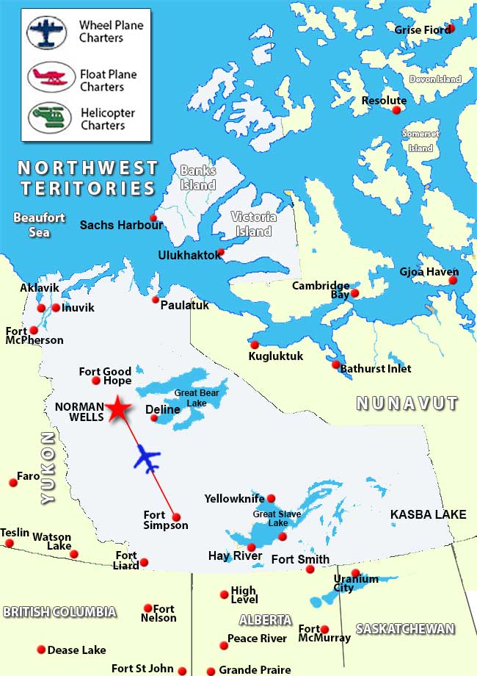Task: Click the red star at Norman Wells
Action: pos(117,409)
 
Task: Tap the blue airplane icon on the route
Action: pos(148,459)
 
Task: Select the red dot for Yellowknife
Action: pos(271,498)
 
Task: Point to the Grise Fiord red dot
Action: pos(451,28)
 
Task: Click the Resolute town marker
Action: pos(397,110)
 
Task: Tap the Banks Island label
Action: pos(198,177)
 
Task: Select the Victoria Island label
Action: pos(253,223)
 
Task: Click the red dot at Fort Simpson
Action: pos(176,517)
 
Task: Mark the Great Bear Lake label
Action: pos(196,398)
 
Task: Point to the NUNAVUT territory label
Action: pos(407,403)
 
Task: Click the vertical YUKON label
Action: pos(48,467)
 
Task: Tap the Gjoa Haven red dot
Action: pos(453,280)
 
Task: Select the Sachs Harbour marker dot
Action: pos(153,217)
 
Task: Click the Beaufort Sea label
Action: pos(39,225)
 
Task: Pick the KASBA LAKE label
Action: pos(428,514)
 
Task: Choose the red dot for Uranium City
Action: pos(356,573)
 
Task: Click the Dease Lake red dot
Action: pos(40,650)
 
